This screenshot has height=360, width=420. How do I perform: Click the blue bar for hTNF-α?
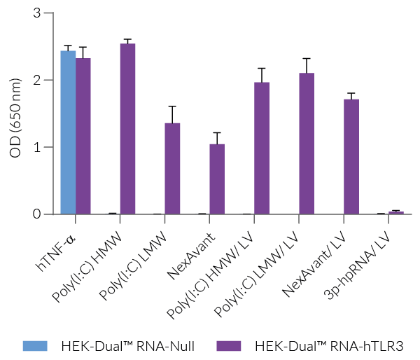[x=68, y=133]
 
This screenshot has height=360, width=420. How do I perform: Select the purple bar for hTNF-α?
[x=83, y=137]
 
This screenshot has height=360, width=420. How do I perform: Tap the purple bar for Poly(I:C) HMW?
[x=127, y=129]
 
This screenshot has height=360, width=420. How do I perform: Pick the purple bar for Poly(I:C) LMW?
[x=172, y=169]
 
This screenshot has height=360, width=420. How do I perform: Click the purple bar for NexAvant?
[x=217, y=179]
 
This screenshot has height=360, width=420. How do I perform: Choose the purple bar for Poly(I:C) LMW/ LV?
[x=307, y=144]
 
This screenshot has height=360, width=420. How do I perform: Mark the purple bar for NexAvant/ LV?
[x=351, y=157]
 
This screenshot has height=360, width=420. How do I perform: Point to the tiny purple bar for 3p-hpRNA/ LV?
[x=396, y=212]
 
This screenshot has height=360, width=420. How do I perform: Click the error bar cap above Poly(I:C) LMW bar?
[x=172, y=106]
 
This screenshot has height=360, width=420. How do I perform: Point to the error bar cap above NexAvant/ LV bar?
[x=351, y=93]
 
